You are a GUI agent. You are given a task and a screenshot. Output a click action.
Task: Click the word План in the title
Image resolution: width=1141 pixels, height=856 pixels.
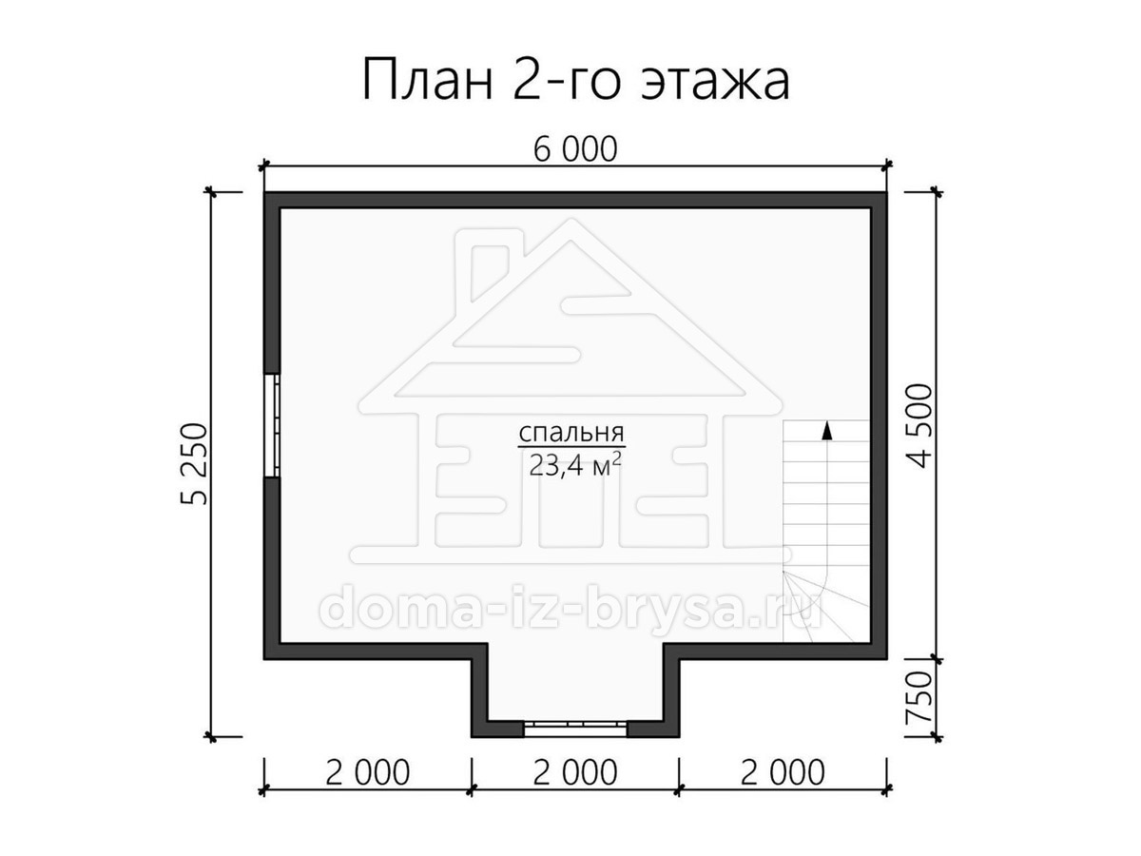click(427, 79)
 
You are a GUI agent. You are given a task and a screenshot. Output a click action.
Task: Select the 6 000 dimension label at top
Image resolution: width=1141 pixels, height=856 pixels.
click(575, 149)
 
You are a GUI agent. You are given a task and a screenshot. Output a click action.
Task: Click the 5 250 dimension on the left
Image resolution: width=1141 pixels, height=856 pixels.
click(195, 464)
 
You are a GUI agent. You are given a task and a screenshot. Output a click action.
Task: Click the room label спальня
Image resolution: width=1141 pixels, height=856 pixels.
click(571, 433)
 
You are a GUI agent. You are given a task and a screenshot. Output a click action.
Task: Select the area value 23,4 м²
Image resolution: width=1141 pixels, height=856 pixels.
click(575, 465)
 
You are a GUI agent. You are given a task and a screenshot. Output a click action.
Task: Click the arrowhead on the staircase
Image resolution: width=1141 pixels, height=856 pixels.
click(825, 431)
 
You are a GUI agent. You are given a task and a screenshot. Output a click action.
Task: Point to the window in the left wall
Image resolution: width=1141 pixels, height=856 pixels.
click(272, 425)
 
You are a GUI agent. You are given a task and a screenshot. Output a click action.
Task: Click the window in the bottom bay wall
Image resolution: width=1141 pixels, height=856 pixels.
click(575, 729)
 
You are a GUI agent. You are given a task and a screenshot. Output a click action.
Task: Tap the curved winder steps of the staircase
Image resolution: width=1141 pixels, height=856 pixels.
click(811, 606)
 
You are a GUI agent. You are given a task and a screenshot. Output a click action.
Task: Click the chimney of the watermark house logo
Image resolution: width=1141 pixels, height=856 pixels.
click(490, 273)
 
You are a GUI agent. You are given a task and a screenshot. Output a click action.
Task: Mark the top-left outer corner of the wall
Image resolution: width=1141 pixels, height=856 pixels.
click(264, 192)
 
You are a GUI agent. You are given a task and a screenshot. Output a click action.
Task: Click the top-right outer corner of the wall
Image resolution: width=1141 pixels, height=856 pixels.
click(887, 192)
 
